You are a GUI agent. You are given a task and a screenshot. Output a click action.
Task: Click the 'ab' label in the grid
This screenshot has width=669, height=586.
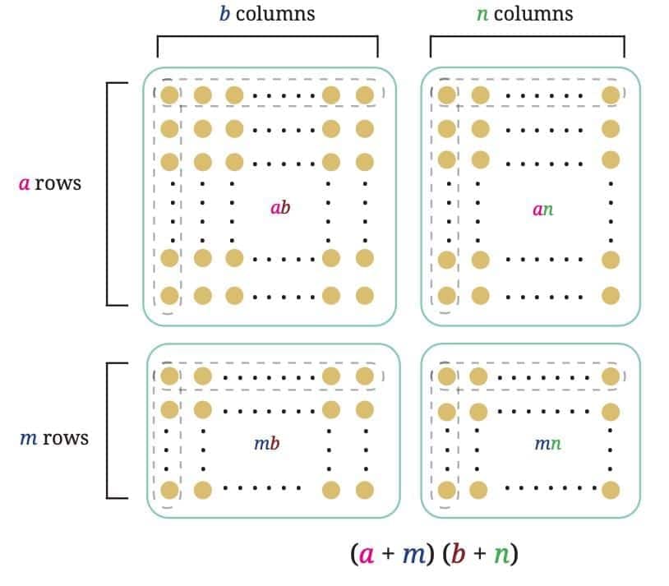tap(280, 208)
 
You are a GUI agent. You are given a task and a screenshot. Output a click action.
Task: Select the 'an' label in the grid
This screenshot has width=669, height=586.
tap(542, 209)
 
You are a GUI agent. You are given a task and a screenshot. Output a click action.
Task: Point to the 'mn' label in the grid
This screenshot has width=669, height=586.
tap(548, 444)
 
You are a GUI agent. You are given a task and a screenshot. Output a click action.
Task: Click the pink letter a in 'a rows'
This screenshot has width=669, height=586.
tap(24, 183)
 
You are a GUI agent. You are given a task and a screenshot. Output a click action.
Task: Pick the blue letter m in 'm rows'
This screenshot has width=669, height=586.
tap(27, 438)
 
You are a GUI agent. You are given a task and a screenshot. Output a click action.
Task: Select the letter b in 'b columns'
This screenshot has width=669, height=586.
tap(224, 14)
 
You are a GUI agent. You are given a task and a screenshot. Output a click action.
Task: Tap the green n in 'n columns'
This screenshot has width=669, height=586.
tap(482, 15)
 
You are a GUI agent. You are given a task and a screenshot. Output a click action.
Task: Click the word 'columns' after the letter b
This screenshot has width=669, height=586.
tap(275, 14)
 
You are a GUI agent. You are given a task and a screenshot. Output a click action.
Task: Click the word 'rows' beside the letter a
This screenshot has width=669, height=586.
tap(58, 183)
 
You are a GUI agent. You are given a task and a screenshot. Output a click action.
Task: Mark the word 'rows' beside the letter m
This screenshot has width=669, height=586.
tap(65, 438)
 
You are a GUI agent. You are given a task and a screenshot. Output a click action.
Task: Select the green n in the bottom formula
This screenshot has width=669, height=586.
tap(500, 555)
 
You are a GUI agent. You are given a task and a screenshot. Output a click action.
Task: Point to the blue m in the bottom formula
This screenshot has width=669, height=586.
tap(412, 555)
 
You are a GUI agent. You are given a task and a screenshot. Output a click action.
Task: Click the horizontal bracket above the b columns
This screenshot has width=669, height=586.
tap(267, 37)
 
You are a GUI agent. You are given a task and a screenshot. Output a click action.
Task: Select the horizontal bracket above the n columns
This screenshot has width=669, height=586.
tap(528, 37)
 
